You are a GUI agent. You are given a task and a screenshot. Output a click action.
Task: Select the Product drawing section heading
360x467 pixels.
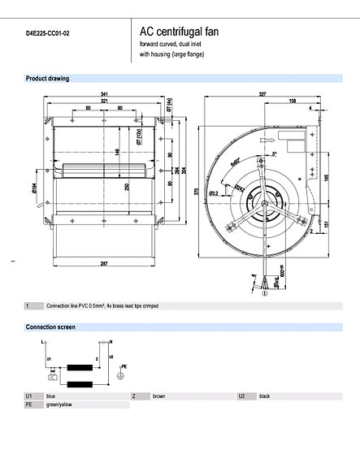[47, 79]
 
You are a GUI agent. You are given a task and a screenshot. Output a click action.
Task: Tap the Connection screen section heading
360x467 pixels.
[50, 327]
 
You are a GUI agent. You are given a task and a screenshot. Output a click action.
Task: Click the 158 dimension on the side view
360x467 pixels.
[291, 102]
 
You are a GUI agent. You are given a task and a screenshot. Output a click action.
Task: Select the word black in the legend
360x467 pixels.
[265, 396]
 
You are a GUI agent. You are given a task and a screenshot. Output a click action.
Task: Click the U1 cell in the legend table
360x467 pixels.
[29, 396]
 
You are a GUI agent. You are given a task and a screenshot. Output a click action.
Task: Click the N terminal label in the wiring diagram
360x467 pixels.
[111, 344]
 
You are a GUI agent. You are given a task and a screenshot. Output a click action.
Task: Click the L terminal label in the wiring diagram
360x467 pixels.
[41, 344]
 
